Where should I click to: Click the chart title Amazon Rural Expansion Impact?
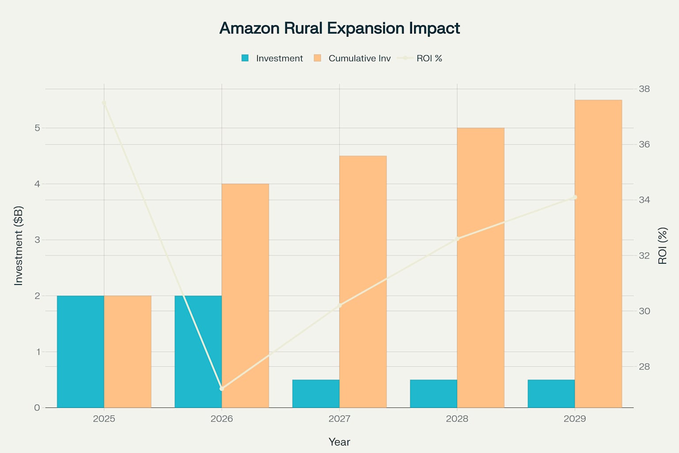tap(339, 28)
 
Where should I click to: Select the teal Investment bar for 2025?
tap(80, 352)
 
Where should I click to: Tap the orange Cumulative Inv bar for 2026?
tap(245, 296)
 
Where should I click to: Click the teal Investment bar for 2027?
tap(316, 394)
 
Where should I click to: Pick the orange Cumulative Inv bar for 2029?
tap(598, 253)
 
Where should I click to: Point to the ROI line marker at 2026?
tap(222, 388)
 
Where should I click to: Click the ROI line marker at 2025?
tap(104, 103)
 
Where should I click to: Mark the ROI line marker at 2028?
tap(458, 239)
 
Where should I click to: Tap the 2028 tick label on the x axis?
tap(457, 418)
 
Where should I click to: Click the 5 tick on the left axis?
tap(37, 128)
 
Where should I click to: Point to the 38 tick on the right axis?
tap(644, 89)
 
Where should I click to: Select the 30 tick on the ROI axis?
tap(644, 311)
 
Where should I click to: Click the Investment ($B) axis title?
tap(18, 246)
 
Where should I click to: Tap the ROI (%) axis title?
tap(662, 246)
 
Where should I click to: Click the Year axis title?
tap(339, 442)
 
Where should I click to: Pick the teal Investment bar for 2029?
tap(551, 394)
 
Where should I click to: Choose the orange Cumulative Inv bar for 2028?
tap(481, 268)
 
